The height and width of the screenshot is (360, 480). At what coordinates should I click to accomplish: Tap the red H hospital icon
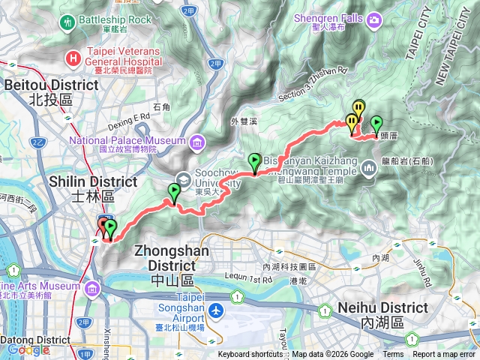[73, 57]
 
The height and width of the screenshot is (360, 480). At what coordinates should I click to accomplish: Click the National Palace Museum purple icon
[196, 141]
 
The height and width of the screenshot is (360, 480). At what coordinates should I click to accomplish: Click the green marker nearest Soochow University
[175, 193]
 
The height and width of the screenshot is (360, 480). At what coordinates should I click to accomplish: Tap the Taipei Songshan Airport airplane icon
[217, 309]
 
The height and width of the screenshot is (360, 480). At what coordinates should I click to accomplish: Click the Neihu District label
[382, 308]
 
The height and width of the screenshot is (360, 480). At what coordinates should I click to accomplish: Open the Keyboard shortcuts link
[250, 355]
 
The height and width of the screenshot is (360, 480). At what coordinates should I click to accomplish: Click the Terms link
[393, 355]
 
